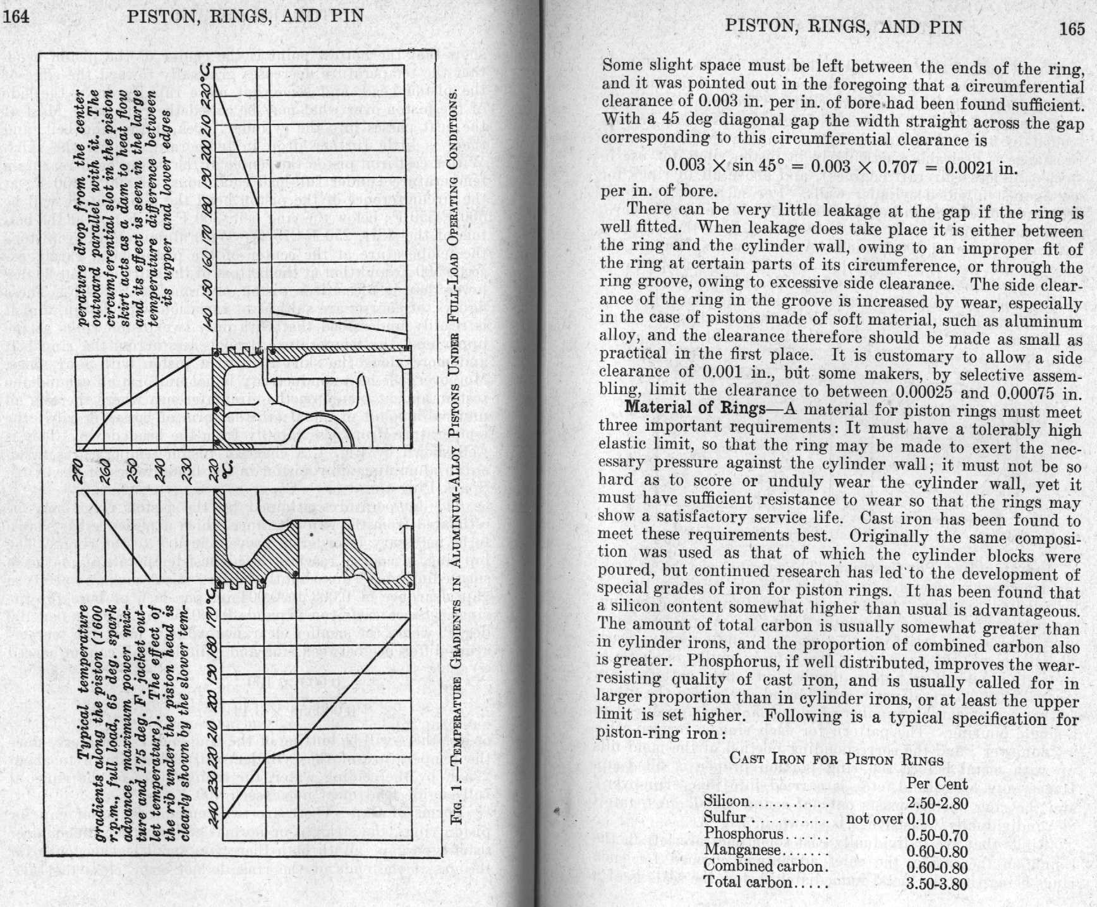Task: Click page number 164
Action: (x=16, y=16)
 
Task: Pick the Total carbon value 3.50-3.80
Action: (x=937, y=883)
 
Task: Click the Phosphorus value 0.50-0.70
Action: (x=937, y=834)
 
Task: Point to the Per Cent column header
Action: (x=937, y=784)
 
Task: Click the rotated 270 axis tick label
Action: (x=81, y=470)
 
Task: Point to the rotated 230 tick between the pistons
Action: (x=188, y=470)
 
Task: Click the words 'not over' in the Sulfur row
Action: (x=874, y=819)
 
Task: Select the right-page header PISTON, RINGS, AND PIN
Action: (x=844, y=27)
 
